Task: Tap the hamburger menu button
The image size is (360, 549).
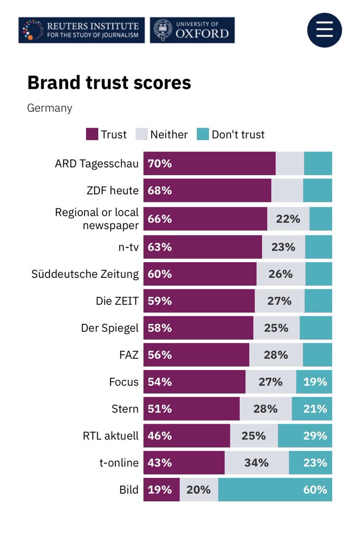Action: pyautogui.click(x=324, y=30)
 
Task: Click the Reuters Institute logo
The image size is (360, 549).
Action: pyautogui.click(x=81, y=30)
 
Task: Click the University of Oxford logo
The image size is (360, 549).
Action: pyautogui.click(x=192, y=30)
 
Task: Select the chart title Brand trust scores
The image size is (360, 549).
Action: pyautogui.click(x=109, y=83)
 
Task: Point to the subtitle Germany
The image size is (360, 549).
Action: pyautogui.click(x=49, y=108)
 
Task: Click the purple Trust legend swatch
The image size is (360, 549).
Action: pyautogui.click(x=92, y=135)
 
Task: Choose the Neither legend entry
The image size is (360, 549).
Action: pyautogui.click(x=162, y=135)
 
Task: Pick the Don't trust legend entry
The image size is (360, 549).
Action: pyautogui.click(x=231, y=135)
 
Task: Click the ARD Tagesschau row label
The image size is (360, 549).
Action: pyautogui.click(x=96, y=164)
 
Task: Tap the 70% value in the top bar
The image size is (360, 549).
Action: pyautogui.click(x=160, y=164)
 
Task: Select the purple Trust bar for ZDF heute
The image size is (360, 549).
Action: pyautogui.click(x=207, y=190)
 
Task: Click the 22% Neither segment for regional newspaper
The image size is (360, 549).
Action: pyautogui.click(x=288, y=219)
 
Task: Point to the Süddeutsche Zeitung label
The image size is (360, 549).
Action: pyautogui.click(x=85, y=274)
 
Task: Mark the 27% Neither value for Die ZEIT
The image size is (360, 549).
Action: pyautogui.click(x=279, y=301)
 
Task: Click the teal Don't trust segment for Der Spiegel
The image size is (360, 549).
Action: pyautogui.click(x=316, y=328)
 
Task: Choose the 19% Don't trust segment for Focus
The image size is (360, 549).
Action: pyautogui.click(x=314, y=382)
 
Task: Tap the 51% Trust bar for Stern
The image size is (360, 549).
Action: pyautogui.click(x=191, y=409)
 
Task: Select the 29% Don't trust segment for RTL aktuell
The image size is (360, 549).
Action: pyautogui.click(x=305, y=436)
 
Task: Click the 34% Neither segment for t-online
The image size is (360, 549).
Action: pyautogui.click(x=256, y=463)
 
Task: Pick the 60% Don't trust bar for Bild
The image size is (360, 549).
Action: pyautogui.click(x=275, y=490)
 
